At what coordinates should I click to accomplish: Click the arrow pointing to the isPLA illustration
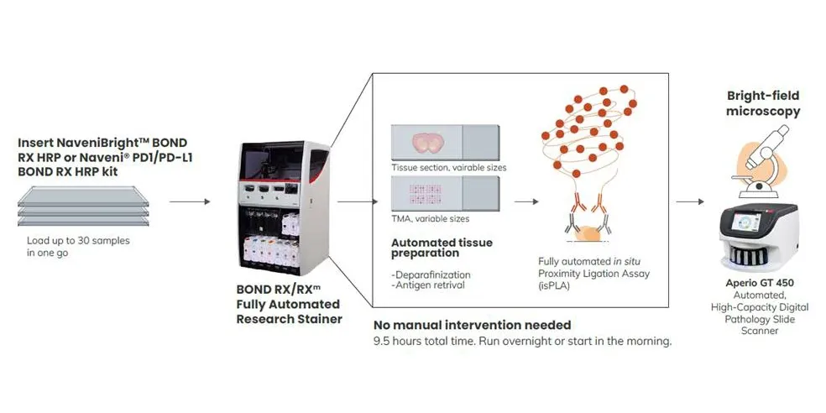pos(525,202)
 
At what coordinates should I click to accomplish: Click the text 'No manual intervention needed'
pos(472,325)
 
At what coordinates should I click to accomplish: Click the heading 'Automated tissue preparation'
pos(442,248)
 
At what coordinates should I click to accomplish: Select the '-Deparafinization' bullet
pos(431,274)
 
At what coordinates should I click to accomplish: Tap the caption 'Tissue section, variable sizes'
pos(448,168)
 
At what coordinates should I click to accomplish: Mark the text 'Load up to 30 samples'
pos(78,240)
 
